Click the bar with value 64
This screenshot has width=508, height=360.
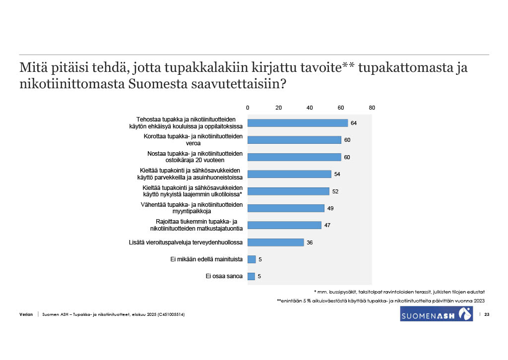[x=298, y=123]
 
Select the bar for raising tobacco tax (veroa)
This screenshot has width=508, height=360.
[x=294, y=140]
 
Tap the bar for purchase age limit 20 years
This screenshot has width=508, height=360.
[x=294, y=157]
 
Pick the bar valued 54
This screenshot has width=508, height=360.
[x=289, y=174]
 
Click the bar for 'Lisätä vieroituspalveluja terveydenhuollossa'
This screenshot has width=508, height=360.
[x=275, y=242]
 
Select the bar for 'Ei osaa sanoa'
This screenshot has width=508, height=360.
[x=251, y=276]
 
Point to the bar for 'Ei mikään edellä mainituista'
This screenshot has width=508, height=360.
[x=251, y=259]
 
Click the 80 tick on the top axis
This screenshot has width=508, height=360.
[x=372, y=108]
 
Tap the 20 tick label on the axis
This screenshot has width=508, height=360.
[x=278, y=108]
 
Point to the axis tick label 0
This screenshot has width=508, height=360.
[x=248, y=108]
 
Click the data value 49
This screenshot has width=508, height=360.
[x=330, y=208]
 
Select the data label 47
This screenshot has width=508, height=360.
[x=327, y=225]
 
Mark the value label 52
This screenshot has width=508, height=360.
[x=335, y=191]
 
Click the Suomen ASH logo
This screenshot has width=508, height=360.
[x=436, y=313]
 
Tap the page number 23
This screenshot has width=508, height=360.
[x=487, y=315]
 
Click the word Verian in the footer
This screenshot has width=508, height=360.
[x=26, y=315]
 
